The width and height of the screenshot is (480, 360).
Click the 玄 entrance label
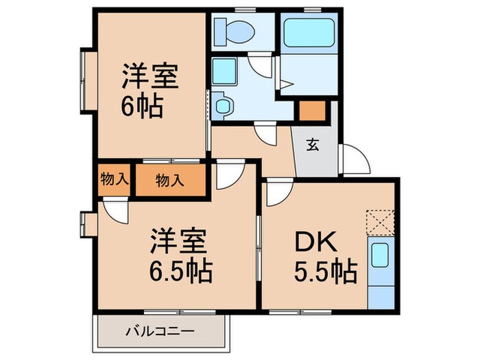coord(312,145)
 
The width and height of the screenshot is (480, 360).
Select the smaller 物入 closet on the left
coord(114,180)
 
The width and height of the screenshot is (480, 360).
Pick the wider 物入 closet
coord(169,181)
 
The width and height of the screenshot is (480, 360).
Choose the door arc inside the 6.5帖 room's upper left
coord(114,210)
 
